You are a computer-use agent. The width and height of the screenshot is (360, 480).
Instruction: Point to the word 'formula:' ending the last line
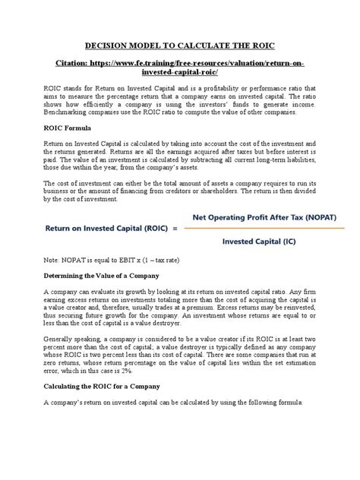coord(302,403)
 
